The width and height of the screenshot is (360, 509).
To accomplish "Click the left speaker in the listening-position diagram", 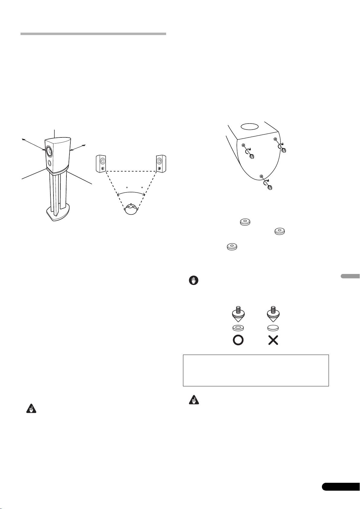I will click(x=101, y=163).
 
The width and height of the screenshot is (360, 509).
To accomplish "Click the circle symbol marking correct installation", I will click(x=238, y=340).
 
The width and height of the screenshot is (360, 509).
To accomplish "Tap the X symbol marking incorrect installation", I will click(x=273, y=340).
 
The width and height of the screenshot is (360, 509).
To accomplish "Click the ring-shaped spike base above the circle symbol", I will click(x=238, y=328).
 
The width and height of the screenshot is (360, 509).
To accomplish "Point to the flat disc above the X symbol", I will click(x=273, y=328).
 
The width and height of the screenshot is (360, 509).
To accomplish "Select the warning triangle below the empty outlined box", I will click(x=192, y=400).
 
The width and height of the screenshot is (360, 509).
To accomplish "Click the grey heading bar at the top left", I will click(x=93, y=34).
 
